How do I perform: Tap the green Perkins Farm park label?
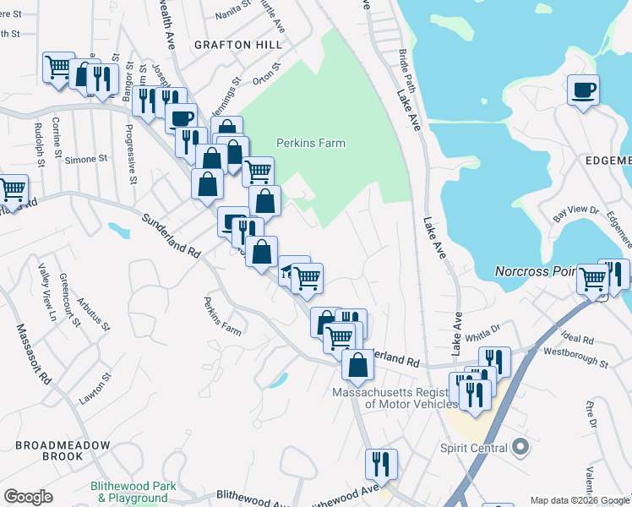coord(311,144)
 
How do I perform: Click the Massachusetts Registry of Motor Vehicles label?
coord(395,398)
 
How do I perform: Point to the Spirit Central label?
coord(472,447)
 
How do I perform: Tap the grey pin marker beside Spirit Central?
coord(520,447)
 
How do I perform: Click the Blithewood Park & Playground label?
coord(133,492)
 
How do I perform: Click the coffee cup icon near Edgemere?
coord(584,90)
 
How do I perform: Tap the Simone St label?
coord(86,159)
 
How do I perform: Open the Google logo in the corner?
coord(28,498)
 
